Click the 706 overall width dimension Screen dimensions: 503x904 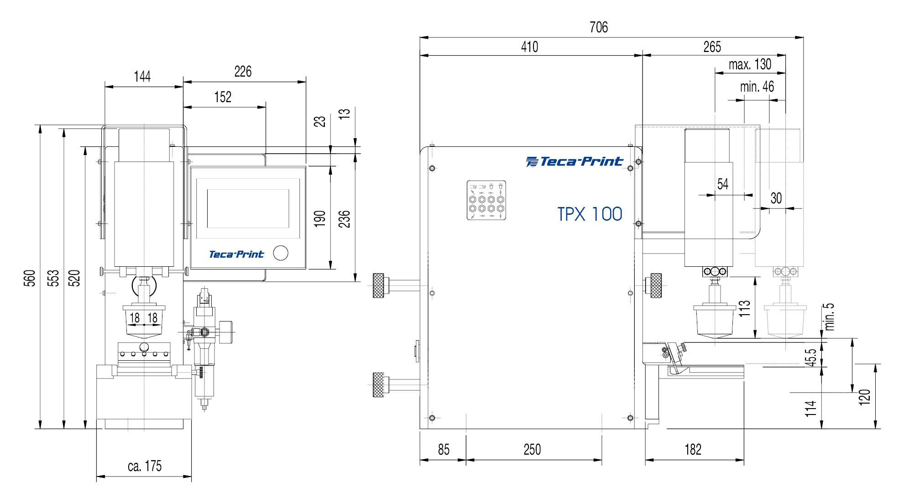point(598,27)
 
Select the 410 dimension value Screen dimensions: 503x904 point(529,47)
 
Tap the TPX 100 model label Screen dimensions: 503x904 point(590,214)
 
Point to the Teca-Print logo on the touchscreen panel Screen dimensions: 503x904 point(236,254)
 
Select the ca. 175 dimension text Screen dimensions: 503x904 point(145,466)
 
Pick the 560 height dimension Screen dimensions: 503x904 point(30,278)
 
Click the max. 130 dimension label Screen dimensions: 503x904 point(750,65)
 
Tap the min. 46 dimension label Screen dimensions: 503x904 point(757,87)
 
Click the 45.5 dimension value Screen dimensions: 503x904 point(811,358)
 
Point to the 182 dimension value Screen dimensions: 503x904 point(693,450)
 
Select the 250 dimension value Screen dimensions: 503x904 point(532,450)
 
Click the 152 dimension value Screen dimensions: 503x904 point(223,97)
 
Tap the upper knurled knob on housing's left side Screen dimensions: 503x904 point(378,285)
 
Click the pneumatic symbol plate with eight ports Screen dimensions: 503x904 point(487,201)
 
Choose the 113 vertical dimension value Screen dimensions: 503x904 point(744,309)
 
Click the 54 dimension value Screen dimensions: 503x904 point(723,184)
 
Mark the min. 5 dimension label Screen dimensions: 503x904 point(830,316)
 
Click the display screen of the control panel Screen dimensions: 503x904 point(248,209)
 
